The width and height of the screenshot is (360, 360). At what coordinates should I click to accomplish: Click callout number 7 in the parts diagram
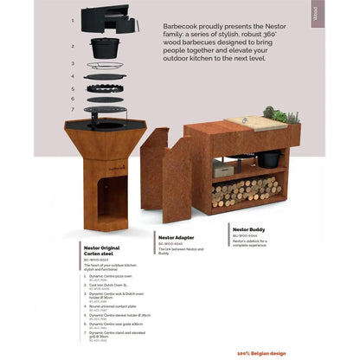[74, 111]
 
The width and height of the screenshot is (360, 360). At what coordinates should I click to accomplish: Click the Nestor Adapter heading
[177, 235]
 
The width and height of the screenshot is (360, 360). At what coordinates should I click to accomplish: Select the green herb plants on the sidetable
[280, 114]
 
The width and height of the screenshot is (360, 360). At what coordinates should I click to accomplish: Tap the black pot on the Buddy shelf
[269, 159]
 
